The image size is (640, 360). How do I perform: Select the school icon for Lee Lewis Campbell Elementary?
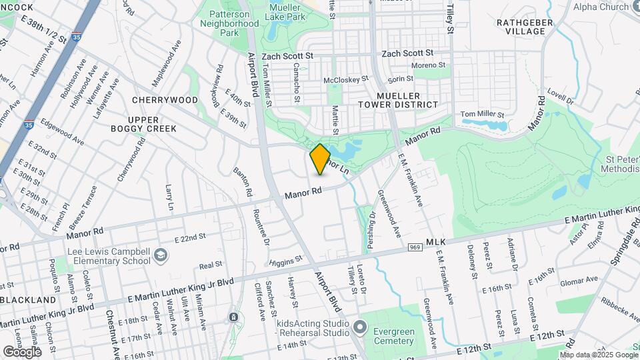point(161,255)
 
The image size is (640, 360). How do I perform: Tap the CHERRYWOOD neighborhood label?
point(165,100)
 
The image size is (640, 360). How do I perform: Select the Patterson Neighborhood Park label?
point(229,23)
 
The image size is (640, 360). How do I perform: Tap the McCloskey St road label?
point(345,80)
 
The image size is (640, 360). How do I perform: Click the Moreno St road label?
point(427,65)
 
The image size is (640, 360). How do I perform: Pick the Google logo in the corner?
point(23,351)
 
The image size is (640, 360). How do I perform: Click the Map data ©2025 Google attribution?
point(597,355)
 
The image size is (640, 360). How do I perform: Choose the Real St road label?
point(210,265)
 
